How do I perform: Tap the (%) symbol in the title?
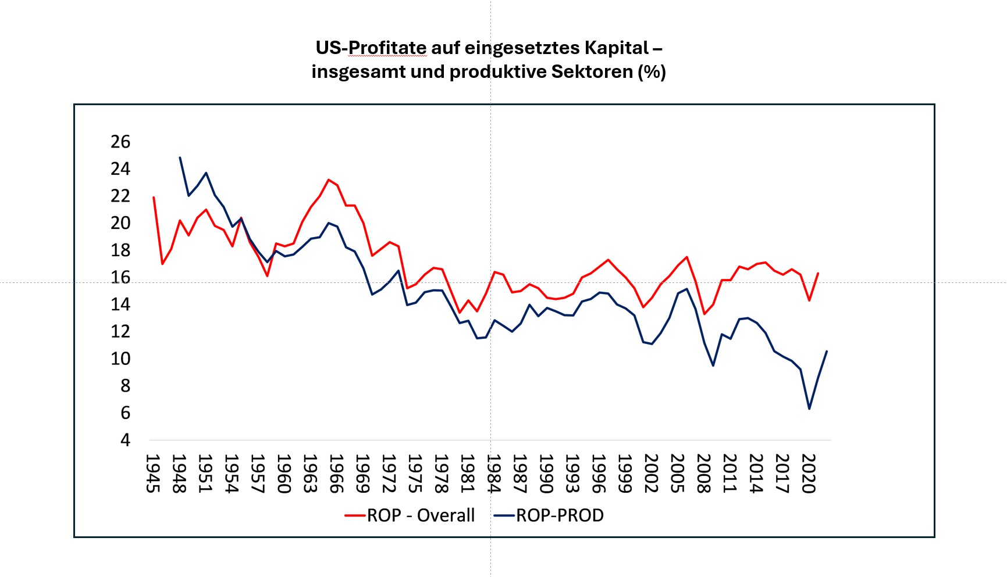(652, 72)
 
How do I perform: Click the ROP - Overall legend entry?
(410, 515)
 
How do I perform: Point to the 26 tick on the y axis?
(120, 142)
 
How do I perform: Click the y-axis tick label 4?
(125, 440)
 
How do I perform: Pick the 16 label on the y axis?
(120, 277)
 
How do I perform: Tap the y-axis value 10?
(120, 359)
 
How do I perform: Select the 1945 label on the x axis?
(153, 474)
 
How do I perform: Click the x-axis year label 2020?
(809, 474)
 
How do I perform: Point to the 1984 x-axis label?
(494, 474)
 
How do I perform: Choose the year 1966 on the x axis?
(336, 474)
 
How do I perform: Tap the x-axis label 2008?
(704, 474)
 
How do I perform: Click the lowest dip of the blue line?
(809, 409)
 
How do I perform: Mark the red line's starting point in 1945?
(154, 197)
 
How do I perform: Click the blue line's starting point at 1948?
(180, 157)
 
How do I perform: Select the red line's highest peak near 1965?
(329, 180)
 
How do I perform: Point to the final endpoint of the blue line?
(827, 351)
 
